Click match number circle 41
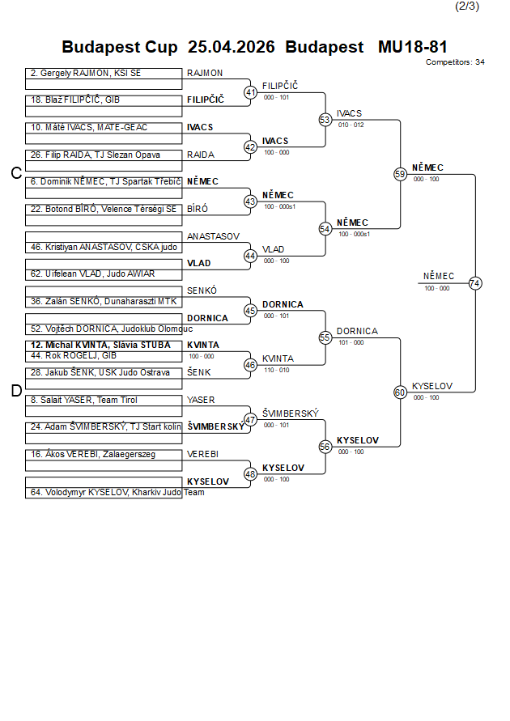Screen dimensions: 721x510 250,92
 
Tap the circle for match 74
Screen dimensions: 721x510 475,283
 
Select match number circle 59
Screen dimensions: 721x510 400,174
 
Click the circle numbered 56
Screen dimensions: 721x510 325,447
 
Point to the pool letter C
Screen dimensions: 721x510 15,173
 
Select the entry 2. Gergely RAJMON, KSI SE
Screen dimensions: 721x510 85,73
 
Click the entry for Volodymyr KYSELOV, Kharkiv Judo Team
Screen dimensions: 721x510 113,492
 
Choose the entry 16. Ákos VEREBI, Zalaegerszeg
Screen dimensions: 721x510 93,454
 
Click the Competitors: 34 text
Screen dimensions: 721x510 455,61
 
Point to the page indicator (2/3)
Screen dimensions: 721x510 467,6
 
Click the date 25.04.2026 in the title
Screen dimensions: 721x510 231,47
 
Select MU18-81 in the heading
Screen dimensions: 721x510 412,47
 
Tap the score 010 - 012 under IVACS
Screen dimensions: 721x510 351,125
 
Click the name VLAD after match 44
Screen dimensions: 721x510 273,250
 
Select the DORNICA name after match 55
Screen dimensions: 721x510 357,331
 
